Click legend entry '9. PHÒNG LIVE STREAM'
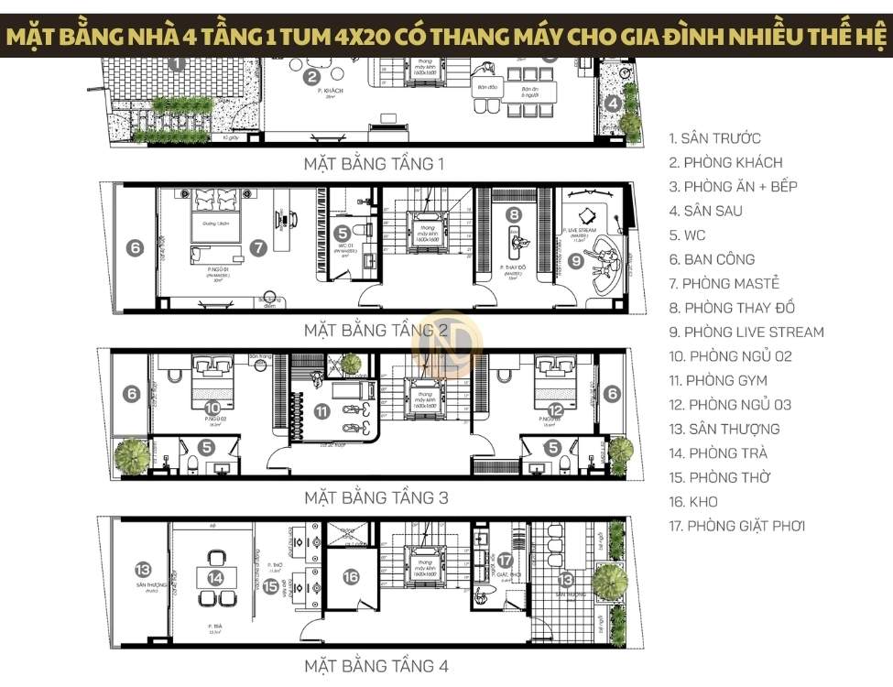click(x=746, y=332)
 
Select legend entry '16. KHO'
click(x=693, y=502)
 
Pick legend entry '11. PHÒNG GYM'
click(x=718, y=380)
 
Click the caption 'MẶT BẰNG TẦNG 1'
click(x=374, y=164)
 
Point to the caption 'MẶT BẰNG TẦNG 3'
click(x=376, y=498)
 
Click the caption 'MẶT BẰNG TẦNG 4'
click(x=376, y=665)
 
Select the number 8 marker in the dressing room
click(x=515, y=214)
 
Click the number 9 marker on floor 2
click(x=575, y=260)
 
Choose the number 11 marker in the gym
click(x=321, y=411)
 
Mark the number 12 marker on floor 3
click(x=555, y=409)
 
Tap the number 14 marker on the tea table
click(x=216, y=578)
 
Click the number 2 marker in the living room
click(x=312, y=77)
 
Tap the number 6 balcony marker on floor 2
click(x=135, y=247)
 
